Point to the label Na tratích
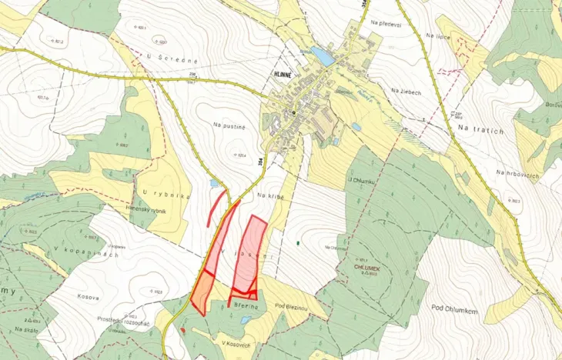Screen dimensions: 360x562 tap(480, 130)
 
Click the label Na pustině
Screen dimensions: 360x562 tap(229, 122)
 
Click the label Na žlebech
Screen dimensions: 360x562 tap(405, 91)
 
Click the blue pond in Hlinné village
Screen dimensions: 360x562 tap(323, 56)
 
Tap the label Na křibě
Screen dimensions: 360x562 tap(271, 196)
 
